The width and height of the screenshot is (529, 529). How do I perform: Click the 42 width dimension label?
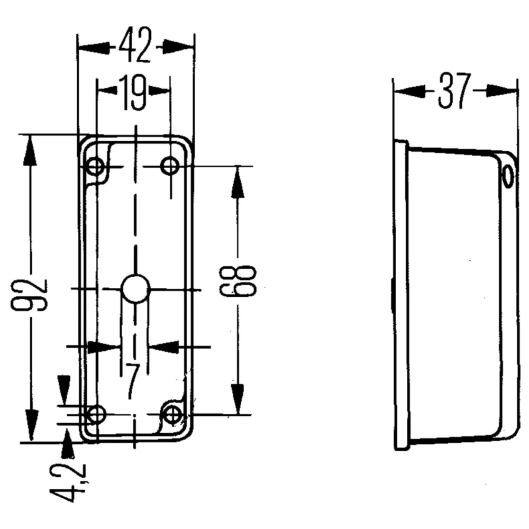(135, 47)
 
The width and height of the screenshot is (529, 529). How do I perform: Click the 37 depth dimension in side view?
(454, 90)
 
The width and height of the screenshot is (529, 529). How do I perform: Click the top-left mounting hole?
(96, 167)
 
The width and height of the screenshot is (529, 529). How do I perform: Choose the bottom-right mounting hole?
(172, 414)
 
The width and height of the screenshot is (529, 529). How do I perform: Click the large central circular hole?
(135, 289)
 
